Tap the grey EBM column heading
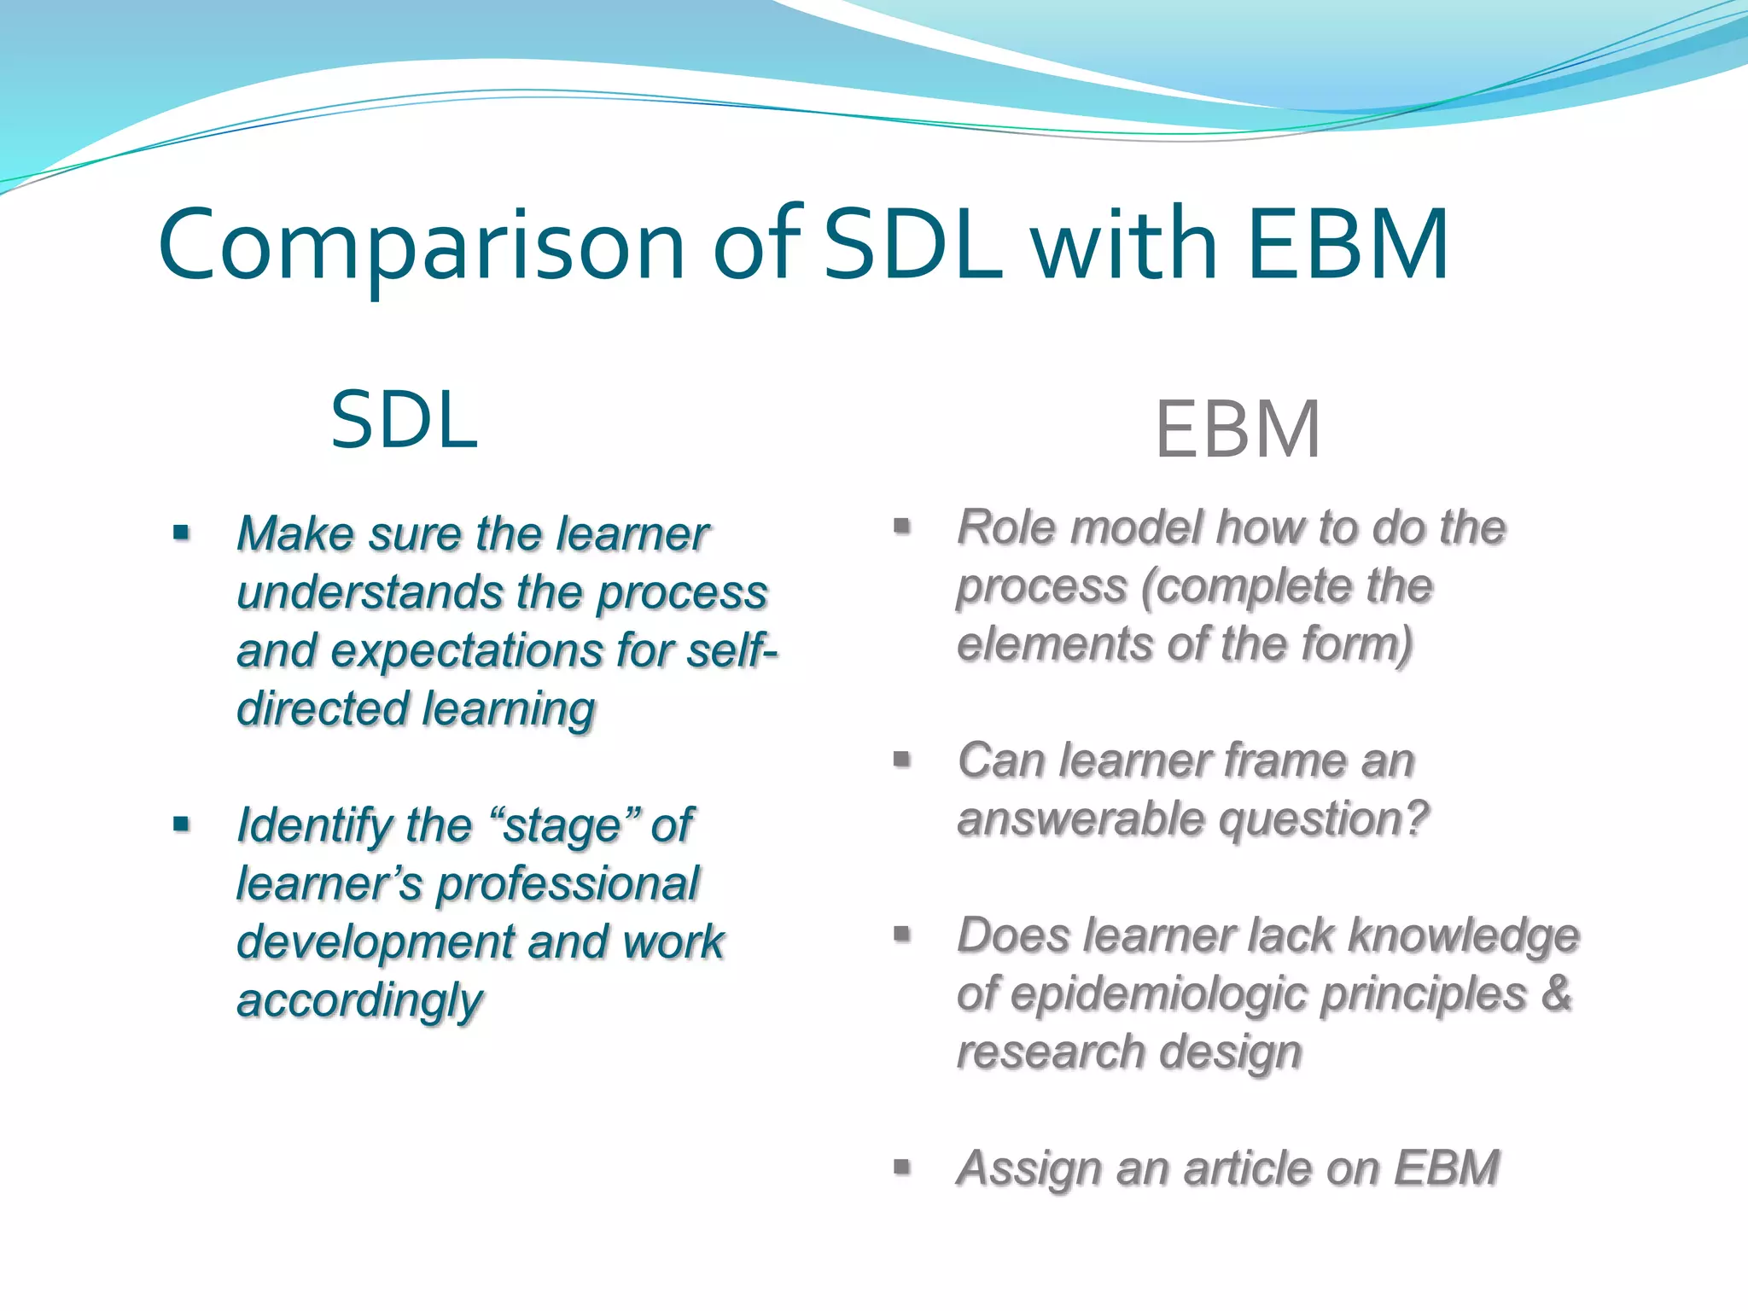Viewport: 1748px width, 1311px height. (1237, 429)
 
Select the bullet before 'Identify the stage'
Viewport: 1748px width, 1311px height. (181, 825)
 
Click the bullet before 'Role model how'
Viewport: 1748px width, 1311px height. (902, 527)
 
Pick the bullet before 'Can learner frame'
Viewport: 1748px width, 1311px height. (902, 760)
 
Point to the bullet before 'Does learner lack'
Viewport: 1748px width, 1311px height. (902, 935)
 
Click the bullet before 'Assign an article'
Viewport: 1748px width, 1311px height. (902, 1168)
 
